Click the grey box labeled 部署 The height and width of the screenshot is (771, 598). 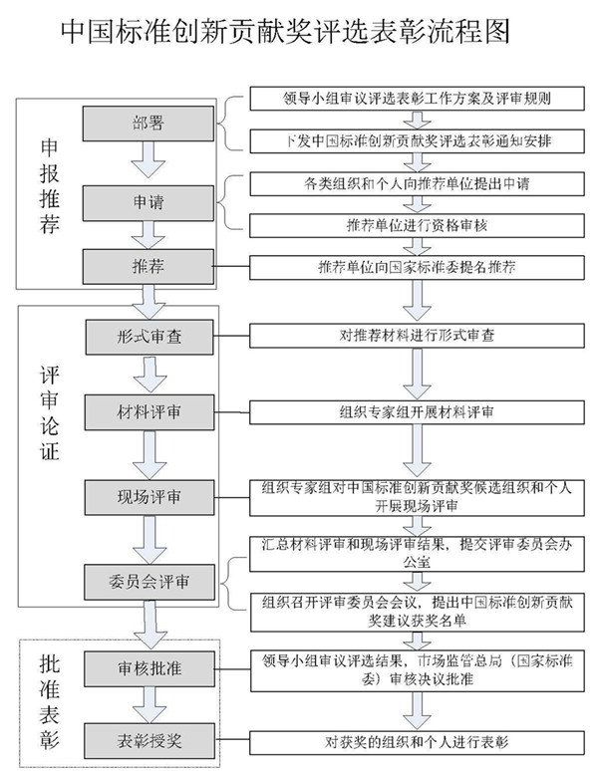click(x=149, y=124)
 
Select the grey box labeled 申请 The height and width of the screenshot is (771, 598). click(x=149, y=202)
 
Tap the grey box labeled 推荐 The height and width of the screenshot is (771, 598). click(x=149, y=267)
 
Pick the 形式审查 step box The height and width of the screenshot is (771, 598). click(x=149, y=337)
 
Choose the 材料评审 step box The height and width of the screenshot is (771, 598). click(x=149, y=412)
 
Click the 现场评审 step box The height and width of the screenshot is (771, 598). click(x=149, y=497)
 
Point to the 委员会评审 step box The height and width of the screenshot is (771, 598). click(x=149, y=582)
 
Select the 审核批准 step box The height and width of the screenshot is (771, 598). click(x=149, y=668)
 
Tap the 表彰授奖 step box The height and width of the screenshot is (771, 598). click(x=149, y=740)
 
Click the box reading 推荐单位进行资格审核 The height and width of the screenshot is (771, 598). click(x=417, y=226)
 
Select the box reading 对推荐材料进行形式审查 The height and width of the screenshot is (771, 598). click(x=417, y=336)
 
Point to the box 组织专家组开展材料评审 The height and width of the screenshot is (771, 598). click(x=417, y=412)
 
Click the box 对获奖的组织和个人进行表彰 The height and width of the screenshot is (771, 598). click(x=417, y=742)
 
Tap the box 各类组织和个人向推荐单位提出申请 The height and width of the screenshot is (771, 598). click(x=417, y=184)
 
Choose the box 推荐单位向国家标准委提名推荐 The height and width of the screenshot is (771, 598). click(x=417, y=268)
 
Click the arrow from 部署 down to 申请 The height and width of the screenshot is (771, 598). click(x=149, y=159)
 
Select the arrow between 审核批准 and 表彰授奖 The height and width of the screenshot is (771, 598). click(x=149, y=704)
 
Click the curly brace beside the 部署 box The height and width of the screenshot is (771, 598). click(x=229, y=123)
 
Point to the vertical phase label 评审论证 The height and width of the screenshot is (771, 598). click(x=50, y=413)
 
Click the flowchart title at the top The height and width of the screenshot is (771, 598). click(x=285, y=33)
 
